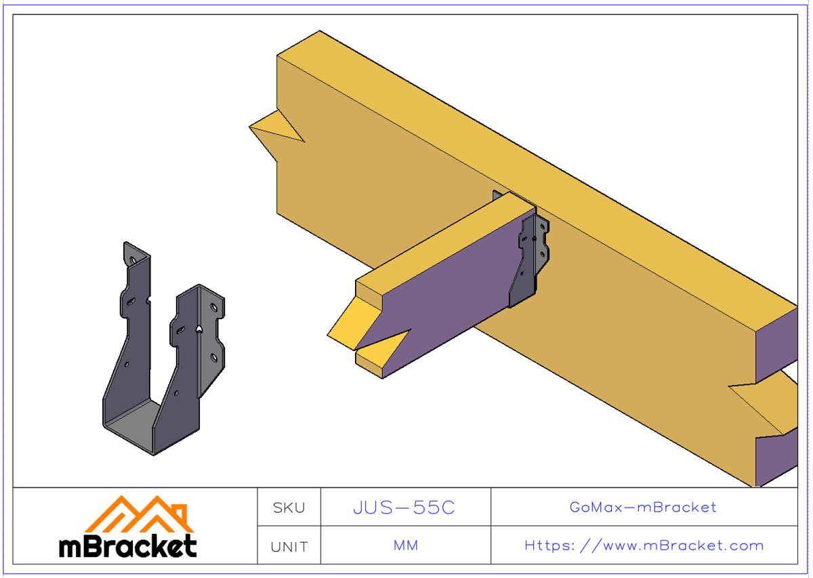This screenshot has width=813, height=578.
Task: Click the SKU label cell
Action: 289,508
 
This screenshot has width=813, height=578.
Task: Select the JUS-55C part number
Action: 404,508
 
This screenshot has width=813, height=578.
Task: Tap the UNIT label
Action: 289,546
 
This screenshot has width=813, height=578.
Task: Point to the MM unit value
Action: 405,545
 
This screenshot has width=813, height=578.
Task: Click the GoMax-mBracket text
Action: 643,507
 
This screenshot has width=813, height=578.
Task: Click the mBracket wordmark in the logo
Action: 128,546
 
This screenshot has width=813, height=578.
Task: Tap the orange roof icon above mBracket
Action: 140,513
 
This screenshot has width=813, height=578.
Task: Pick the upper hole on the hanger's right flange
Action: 214,308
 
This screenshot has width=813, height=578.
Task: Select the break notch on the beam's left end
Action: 278,132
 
